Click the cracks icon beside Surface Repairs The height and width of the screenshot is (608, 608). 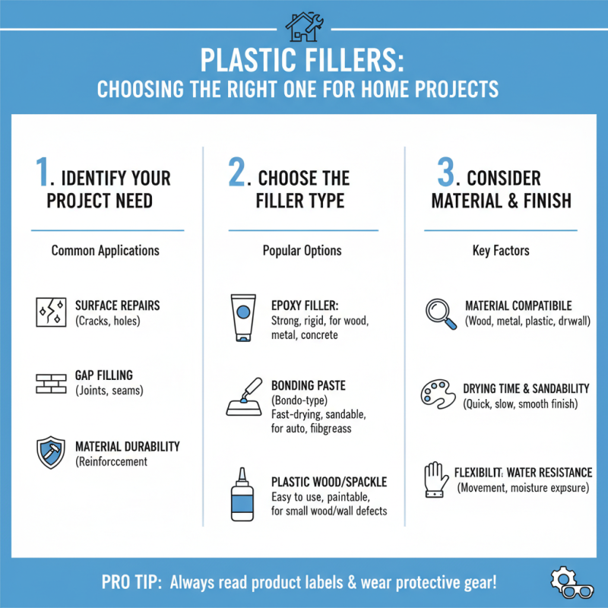pos(51,312)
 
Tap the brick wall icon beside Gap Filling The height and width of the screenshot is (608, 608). pos(51,382)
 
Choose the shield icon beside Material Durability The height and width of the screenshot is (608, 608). pos(51,453)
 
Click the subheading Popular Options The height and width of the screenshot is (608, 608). pos(302,250)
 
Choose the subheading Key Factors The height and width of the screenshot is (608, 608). pos(499,250)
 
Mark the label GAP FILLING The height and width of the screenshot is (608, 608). pos(104,375)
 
